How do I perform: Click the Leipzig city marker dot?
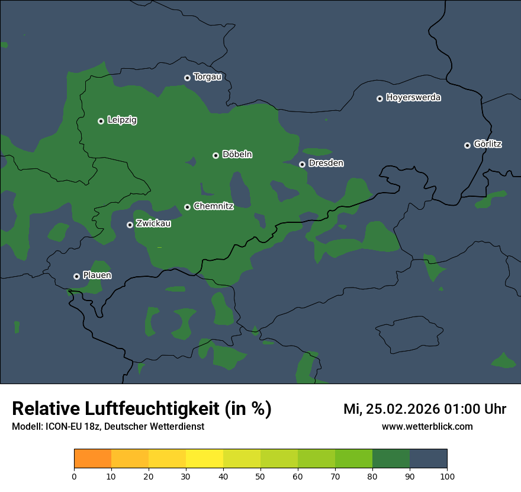pos(101,121)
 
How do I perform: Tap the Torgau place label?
pos(207,77)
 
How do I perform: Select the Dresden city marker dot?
pos(302,164)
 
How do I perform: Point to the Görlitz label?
pos(488,144)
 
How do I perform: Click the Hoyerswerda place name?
pos(413,98)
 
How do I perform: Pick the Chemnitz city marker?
pos(187,207)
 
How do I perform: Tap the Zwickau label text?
pos(153,224)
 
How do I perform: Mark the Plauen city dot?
pos(76,276)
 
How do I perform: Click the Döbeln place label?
pos(237,155)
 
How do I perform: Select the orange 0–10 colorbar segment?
pos(92,459)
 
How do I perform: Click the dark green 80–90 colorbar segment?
pos(391,459)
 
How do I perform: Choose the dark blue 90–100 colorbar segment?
pos(428,459)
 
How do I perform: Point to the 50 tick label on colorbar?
pos(260,476)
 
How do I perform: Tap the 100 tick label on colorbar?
pos(447,476)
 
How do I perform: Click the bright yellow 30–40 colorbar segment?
pos(204,459)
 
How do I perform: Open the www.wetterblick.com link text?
pos(427,427)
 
